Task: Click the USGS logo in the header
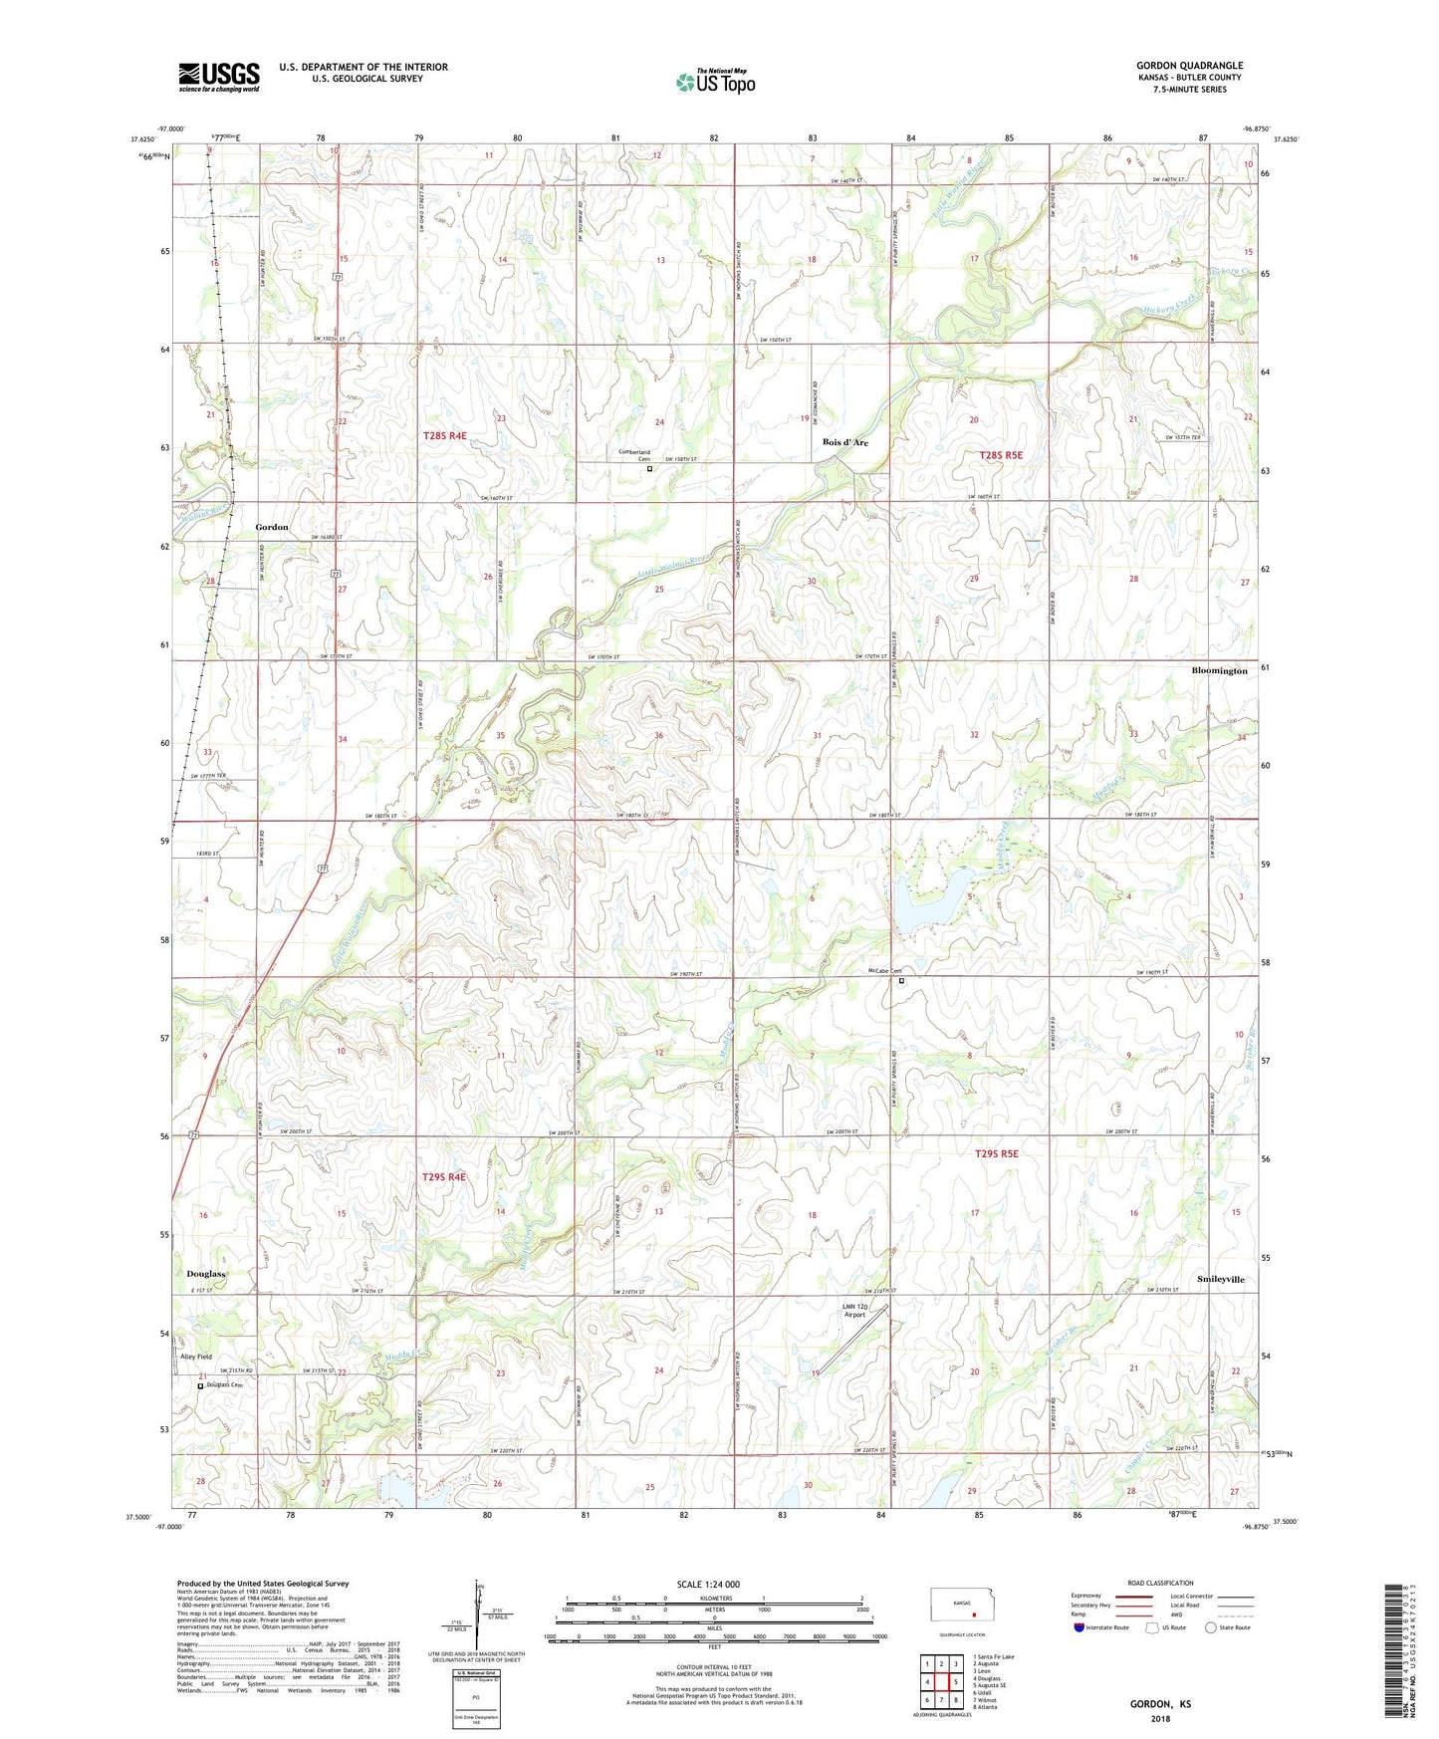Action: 219,76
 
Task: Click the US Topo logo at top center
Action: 715,82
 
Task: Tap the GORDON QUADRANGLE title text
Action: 1189,66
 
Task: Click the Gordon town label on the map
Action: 272,527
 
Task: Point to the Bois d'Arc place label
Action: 844,442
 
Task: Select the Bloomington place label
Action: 1219,671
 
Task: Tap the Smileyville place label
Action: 1221,1279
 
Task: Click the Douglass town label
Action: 206,1274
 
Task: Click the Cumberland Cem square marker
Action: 650,468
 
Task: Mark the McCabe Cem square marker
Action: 902,981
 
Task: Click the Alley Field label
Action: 195,1357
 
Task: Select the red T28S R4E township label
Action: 444,436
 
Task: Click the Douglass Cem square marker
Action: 200,1385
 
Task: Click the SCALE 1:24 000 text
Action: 708,1585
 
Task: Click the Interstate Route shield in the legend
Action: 1079,1628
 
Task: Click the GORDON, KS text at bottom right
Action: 1160,1704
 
